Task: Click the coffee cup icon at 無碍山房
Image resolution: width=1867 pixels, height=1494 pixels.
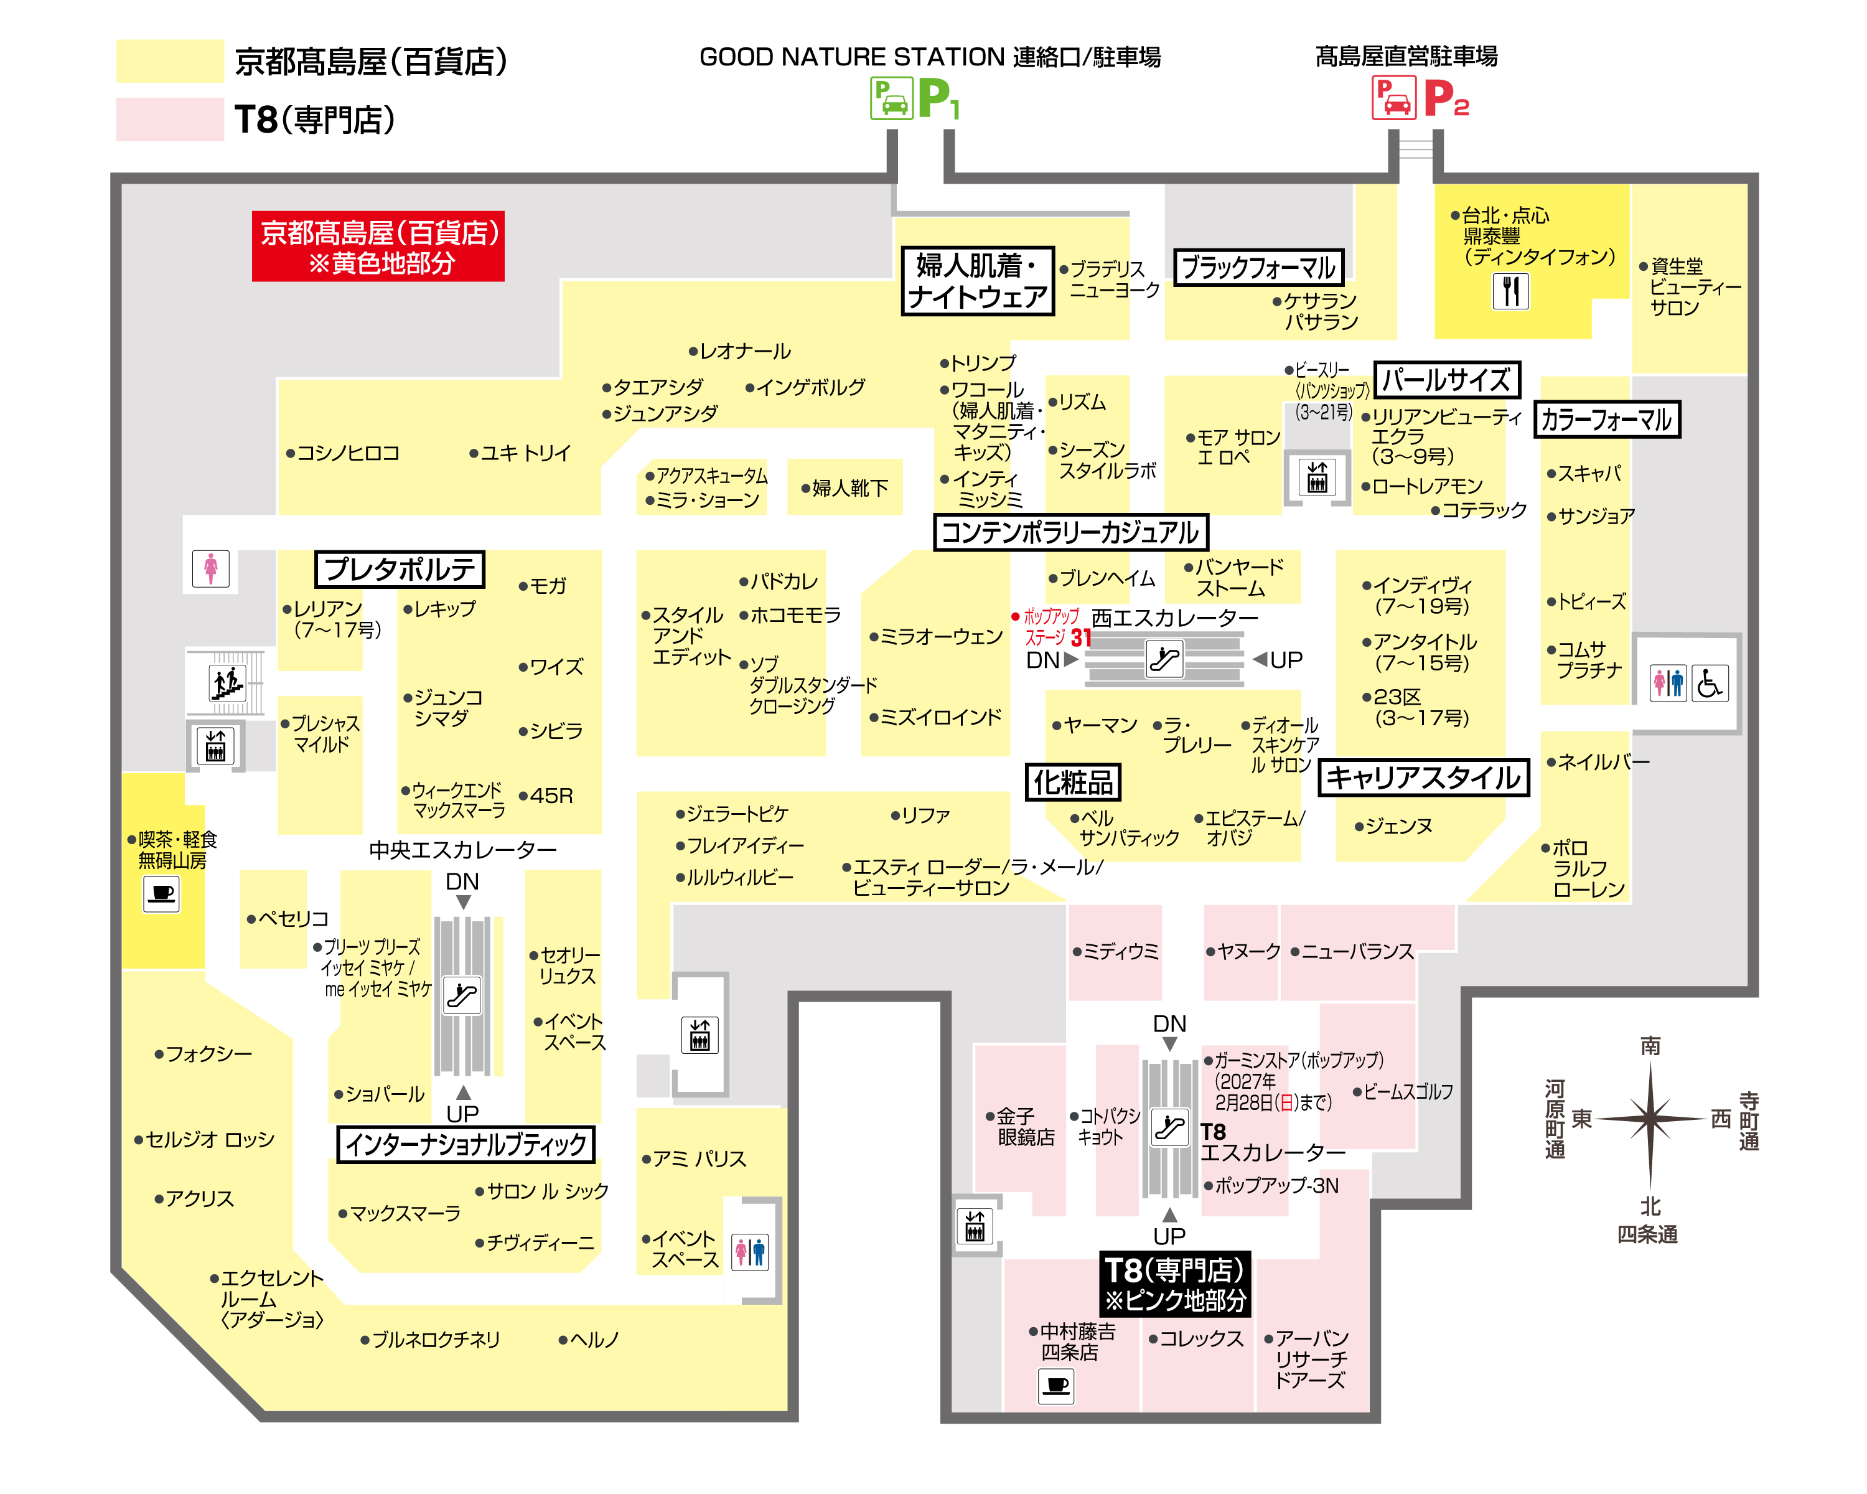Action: pyautogui.click(x=161, y=894)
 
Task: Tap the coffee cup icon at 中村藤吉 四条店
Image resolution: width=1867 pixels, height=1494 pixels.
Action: pyautogui.click(x=1057, y=1385)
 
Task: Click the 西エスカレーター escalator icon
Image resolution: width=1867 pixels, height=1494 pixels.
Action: pyautogui.click(x=1165, y=659)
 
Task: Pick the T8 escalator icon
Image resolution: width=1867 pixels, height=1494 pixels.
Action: pyautogui.click(x=1170, y=1127)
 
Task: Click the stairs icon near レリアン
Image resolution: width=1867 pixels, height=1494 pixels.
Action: pyautogui.click(x=227, y=682)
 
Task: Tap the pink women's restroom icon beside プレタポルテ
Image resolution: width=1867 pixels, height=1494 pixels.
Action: pyautogui.click(x=210, y=568)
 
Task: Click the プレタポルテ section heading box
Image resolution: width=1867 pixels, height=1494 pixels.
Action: pyautogui.click(x=399, y=569)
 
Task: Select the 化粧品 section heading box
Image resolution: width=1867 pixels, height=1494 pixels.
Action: pyautogui.click(x=1073, y=782)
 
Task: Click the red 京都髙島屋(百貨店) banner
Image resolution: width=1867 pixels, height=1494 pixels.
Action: pyautogui.click(x=378, y=246)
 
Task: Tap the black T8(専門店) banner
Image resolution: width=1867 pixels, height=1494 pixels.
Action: pyautogui.click(x=1175, y=1284)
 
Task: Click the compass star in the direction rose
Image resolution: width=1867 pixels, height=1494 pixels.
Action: pyautogui.click(x=1650, y=1119)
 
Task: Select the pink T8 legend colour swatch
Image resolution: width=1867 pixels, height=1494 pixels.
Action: pyautogui.click(x=170, y=119)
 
